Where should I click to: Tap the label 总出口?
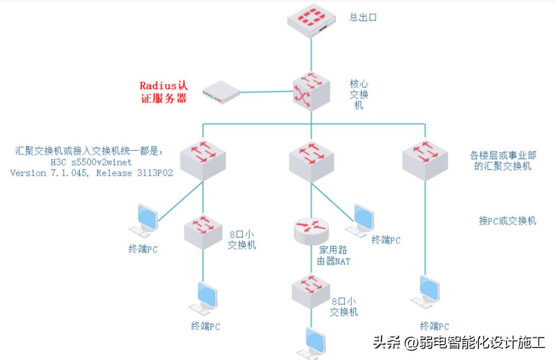[363, 18]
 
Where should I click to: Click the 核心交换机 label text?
[359, 94]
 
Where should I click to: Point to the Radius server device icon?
[221, 92]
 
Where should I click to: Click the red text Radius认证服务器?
[164, 92]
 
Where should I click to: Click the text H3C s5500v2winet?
[91, 162]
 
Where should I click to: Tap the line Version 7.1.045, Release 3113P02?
[91, 173]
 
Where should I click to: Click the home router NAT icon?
[311, 230]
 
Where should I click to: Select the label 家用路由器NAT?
[334, 255]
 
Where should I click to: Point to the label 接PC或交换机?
[507, 221]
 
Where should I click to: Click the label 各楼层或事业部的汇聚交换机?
[503, 161]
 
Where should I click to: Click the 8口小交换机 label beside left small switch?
[241, 239]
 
